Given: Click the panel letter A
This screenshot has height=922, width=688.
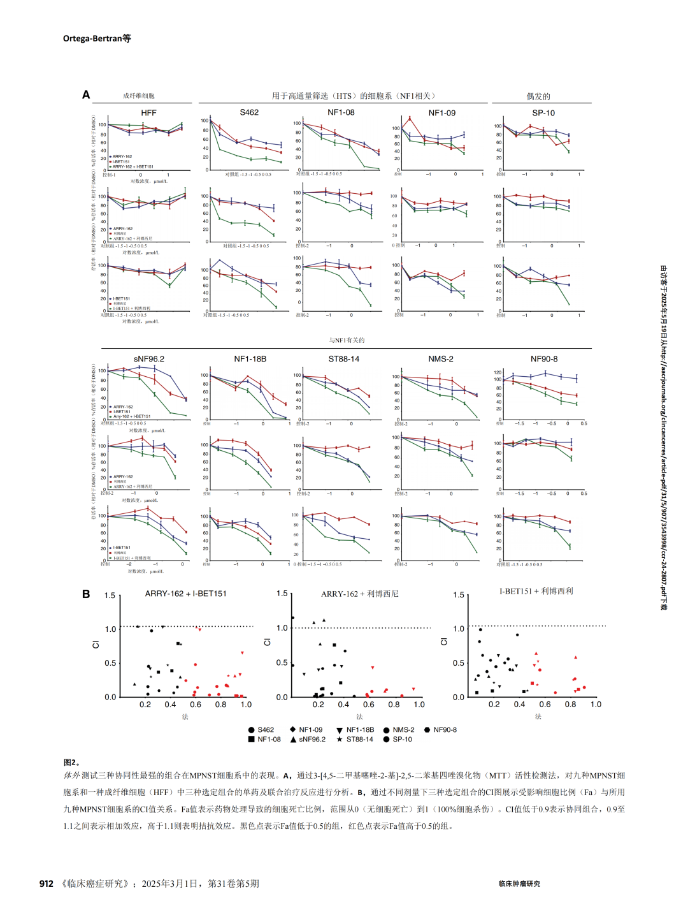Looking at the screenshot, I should point(86,95).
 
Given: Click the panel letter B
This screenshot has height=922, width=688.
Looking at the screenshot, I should point(86,594).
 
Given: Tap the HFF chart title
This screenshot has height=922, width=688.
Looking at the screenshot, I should point(148,113).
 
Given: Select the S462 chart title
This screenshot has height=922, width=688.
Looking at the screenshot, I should point(249,112).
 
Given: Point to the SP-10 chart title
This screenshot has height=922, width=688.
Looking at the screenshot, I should point(543,113).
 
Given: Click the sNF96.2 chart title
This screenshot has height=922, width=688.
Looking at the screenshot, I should point(149,359).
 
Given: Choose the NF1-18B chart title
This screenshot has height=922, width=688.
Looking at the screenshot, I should point(250,359).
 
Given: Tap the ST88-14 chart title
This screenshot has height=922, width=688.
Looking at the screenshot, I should point(344,359).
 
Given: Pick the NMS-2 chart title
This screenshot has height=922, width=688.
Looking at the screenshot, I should point(441,359).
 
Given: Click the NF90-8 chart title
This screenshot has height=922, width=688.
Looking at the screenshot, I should point(544,359).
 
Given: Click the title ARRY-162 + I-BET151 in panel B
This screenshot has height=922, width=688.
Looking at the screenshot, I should point(186,594).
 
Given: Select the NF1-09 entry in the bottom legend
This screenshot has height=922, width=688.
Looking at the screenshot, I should point(310,730).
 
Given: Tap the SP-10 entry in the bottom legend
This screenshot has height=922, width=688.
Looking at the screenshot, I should point(402,740).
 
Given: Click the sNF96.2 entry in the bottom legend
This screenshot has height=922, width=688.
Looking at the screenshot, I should point(312,740).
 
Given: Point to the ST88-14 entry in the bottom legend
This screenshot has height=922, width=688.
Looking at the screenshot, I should point(360,740).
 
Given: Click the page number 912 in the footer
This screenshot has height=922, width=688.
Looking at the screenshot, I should point(47,884).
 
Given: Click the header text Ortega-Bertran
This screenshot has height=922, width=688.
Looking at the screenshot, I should point(92,38).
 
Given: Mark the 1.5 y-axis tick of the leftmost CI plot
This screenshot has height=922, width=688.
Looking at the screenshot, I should point(110,596).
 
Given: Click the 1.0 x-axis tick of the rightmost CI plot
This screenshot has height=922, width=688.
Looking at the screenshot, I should point(596,705).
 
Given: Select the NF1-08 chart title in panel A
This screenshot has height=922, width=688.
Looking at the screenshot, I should point(341,112).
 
